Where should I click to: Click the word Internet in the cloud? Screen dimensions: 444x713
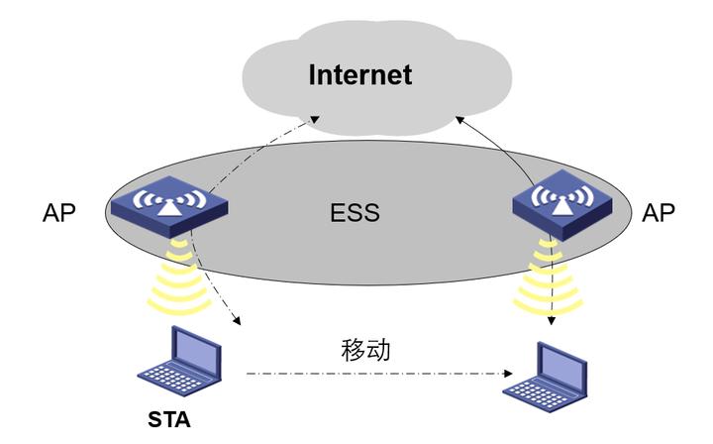pyautogui.click(x=359, y=74)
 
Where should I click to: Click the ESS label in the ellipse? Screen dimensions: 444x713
pyautogui.click(x=356, y=212)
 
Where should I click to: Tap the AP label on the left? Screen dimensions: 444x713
pyautogui.click(x=59, y=212)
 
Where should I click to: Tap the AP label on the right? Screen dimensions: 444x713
pyautogui.click(x=659, y=212)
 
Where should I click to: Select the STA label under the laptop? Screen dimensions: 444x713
pyautogui.click(x=169, y=418)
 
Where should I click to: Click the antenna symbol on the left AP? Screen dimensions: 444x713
pyautogui.click(x=167, y=197)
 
